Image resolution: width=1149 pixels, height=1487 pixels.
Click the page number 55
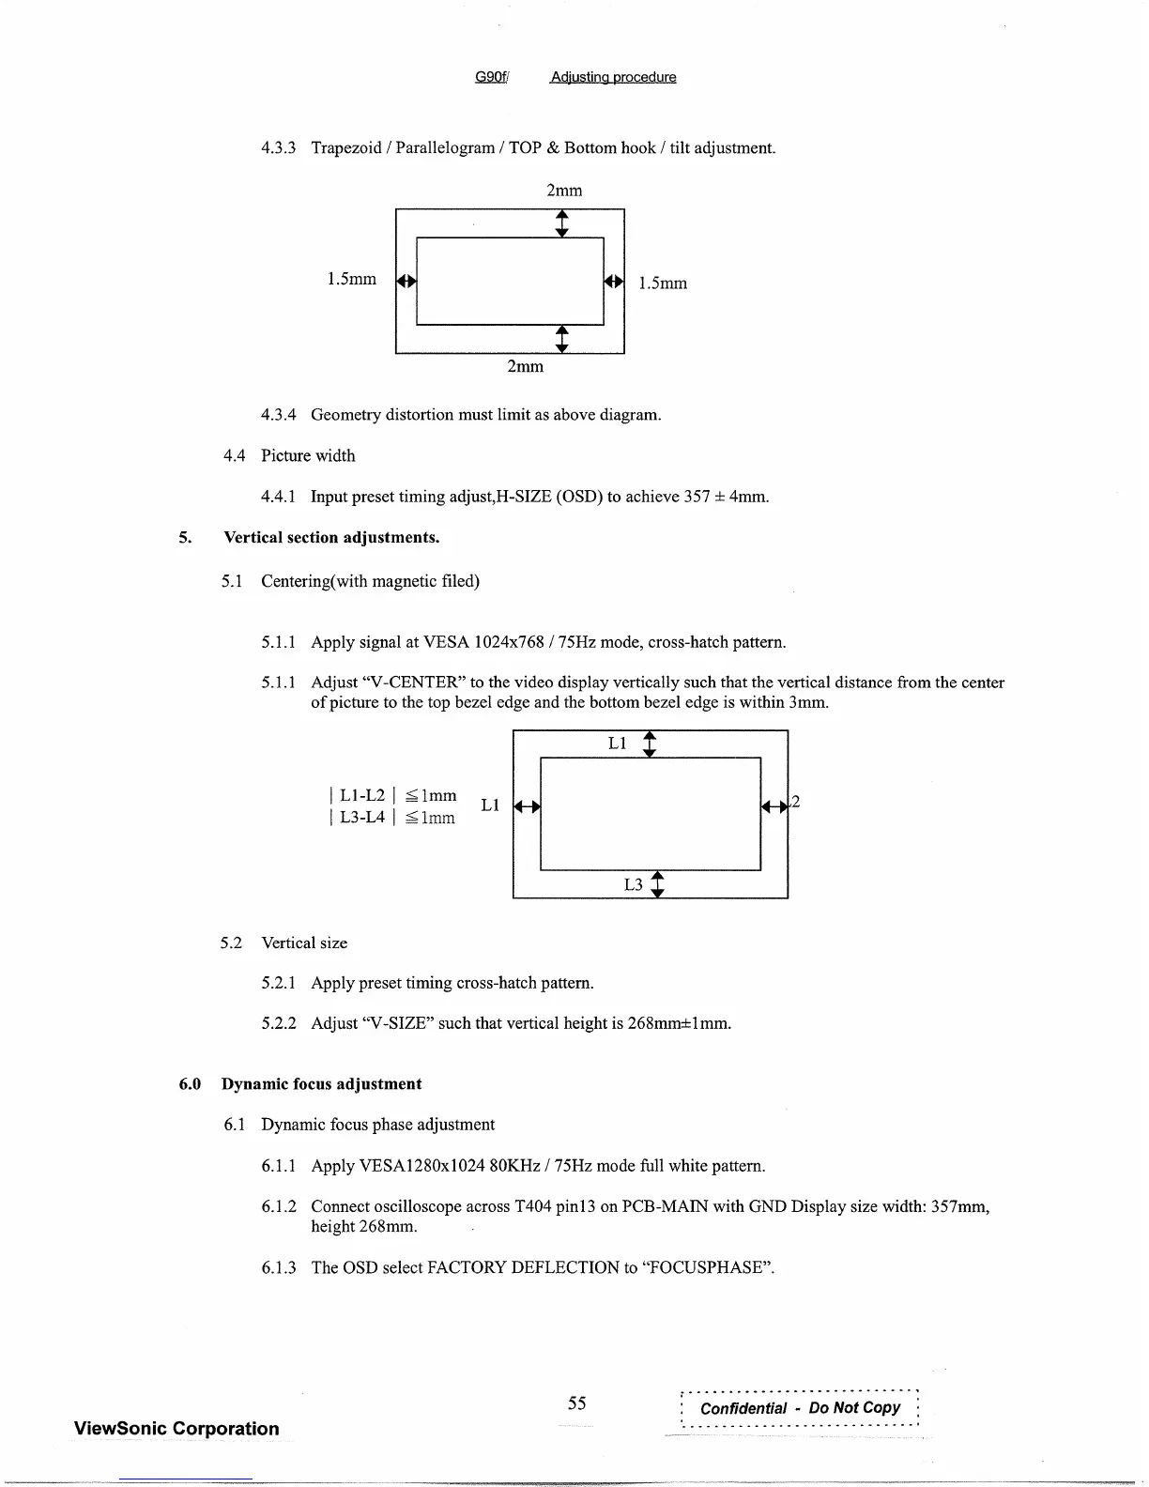click(576, 1403)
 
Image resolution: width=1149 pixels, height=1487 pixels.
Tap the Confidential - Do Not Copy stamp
click(800, 1407)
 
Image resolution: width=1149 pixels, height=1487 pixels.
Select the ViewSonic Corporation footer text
click(176, 1429)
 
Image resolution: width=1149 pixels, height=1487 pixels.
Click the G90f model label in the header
click(491, 77)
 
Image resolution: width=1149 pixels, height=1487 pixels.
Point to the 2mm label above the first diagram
click(564, 191)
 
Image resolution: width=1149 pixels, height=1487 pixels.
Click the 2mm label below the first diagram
click(525, 366)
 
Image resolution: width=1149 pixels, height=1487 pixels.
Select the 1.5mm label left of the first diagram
click(351, 279)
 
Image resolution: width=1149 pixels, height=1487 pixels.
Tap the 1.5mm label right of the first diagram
click(663, 283)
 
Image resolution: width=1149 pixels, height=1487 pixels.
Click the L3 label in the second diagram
click(634, 884)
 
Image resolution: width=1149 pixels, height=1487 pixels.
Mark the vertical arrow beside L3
click(657, 884)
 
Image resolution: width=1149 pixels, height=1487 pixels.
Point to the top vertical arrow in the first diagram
click(561, 223)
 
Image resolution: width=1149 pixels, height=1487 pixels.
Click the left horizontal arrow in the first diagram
click(406, 281)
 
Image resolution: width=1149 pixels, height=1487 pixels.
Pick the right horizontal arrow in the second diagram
click(774, 805)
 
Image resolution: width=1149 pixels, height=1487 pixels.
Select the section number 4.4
click(235, 455)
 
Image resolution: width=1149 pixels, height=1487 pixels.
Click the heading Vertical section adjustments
click(331, 537)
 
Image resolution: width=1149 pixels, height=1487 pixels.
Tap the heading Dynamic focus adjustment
click(321, 1083)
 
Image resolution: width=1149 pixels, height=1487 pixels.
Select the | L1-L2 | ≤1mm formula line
click(392, 795)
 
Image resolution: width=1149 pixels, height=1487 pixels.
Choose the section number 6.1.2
click(279, 1206)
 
